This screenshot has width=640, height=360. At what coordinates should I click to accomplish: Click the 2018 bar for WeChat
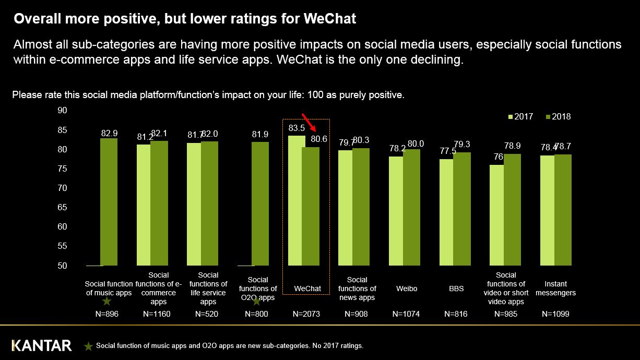point(311,206)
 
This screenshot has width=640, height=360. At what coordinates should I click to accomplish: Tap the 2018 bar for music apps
point(109,202)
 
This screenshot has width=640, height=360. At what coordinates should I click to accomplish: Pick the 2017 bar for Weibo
point(396,211)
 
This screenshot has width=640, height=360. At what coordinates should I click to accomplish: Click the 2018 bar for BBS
point(462,209)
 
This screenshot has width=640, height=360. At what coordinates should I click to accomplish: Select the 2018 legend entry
point(558,117)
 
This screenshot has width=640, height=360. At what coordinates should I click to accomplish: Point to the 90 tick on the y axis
point(62,110)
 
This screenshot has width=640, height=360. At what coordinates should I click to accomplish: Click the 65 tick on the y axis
point(62,207)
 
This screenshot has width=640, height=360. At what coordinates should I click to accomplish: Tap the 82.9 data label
point(109,134)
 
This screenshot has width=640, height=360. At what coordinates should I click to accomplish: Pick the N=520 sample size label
point(208,314)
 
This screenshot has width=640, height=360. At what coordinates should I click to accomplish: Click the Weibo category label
point(407,289)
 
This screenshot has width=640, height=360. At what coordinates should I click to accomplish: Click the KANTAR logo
point(42,345)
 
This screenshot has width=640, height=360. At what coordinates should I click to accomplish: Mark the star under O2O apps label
point(256,301)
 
